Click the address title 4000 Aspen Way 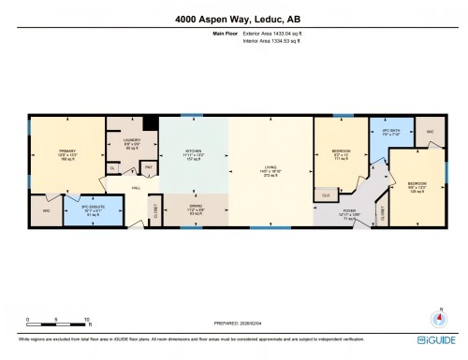[233, 16]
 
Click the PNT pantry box [147, 166]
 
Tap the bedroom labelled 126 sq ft [417, 185]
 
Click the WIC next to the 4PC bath [430, 133]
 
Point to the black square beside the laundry [148, 122]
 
